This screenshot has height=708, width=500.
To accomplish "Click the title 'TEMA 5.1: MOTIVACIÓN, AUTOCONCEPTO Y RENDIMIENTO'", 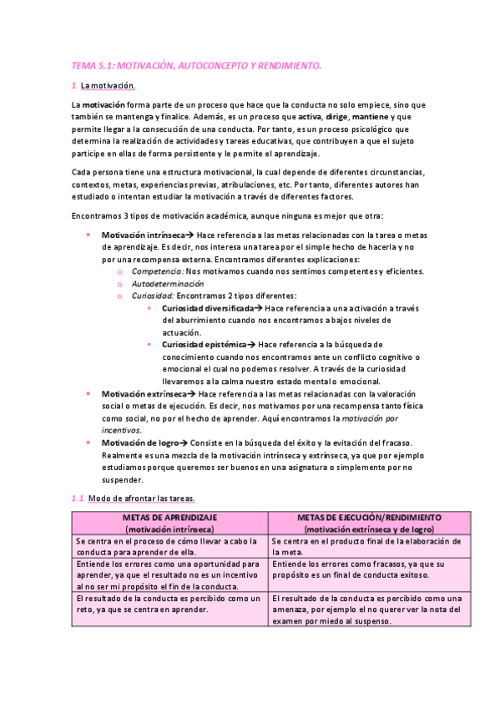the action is pyautogui.click(x=196, y=64).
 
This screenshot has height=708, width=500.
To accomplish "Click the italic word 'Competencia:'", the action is pyautogui.click(x=158, y=271).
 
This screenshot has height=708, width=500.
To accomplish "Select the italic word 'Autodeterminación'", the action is pyautogui.click(x=168, y=283).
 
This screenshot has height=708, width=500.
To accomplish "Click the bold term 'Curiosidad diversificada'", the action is pyautogui.click(x=208, y=308).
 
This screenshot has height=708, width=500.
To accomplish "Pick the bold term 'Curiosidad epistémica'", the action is pyautogui.click(x=204, y=344).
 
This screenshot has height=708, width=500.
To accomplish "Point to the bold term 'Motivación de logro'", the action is pyautogui.click(x=138, y=442).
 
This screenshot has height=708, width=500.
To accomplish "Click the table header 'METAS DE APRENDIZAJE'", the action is pyautogui.click(x=169, y=518).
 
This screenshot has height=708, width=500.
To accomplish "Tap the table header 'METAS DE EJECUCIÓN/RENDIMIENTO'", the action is pyautogui.click(x=369, y=518).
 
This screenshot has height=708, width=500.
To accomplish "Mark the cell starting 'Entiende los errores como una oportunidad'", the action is pyautogui.click(x=169, y=575).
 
